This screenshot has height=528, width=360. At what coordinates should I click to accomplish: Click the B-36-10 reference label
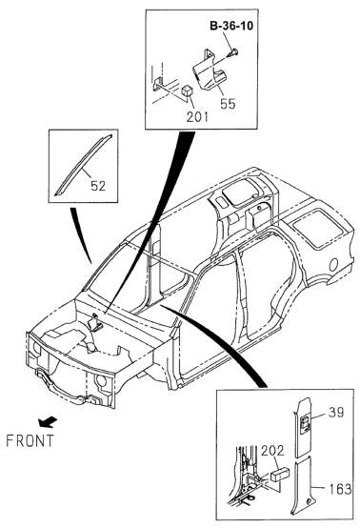[x=231, y=26]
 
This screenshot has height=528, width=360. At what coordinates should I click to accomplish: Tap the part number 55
[x=228, y=104]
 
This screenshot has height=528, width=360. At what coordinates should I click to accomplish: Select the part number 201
[x=197, y=116]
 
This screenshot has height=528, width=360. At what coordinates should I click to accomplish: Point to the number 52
[x=98, y=186]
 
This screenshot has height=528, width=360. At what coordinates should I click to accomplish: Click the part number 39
[x=335, y=413]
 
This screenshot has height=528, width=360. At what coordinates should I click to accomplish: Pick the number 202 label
[x=272, y=451]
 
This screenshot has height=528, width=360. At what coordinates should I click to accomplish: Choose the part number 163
[x=340, y=489]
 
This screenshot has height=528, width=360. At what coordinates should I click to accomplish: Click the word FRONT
[x=30, y=440]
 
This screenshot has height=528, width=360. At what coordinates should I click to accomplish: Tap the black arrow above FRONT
[x=48, y=421]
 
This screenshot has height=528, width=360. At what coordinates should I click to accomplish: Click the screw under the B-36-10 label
[x=233, y=52]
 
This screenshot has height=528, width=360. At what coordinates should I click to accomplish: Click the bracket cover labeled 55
[x=209, y=71]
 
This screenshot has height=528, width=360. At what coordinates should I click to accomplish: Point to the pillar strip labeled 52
[x=83, y=165]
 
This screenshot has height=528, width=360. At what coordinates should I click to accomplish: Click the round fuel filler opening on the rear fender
[x=334, y=265]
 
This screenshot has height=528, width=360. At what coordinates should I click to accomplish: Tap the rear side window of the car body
[x=317, y=228]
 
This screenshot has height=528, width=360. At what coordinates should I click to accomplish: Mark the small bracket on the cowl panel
[x=94, y=324]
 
